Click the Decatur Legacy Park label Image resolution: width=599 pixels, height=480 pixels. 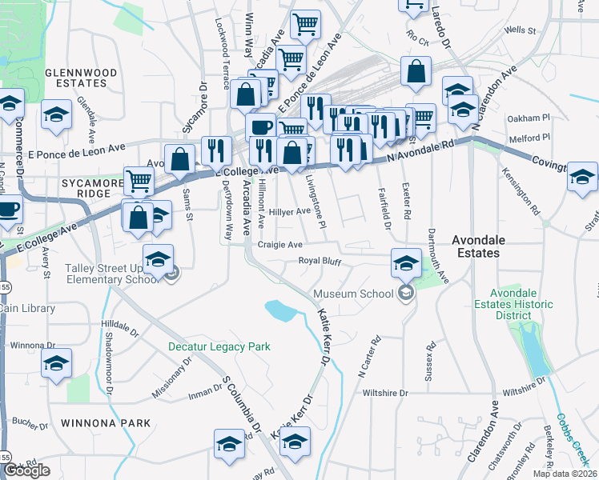click(x=219, y=346)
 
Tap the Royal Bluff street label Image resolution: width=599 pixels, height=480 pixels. click(x=320, y=261)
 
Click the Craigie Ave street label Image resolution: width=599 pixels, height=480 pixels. click(x=279, y=244)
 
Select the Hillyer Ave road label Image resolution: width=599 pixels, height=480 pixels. click(x=289, y=211)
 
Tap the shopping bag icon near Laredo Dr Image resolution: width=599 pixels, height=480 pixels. click(x=416, y=72)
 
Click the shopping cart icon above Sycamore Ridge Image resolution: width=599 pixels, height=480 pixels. click(x=139, y=181)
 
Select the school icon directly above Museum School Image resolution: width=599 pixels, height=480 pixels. click(x=406, y=262)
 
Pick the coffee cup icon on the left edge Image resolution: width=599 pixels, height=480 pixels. click(x=7, y=210)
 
